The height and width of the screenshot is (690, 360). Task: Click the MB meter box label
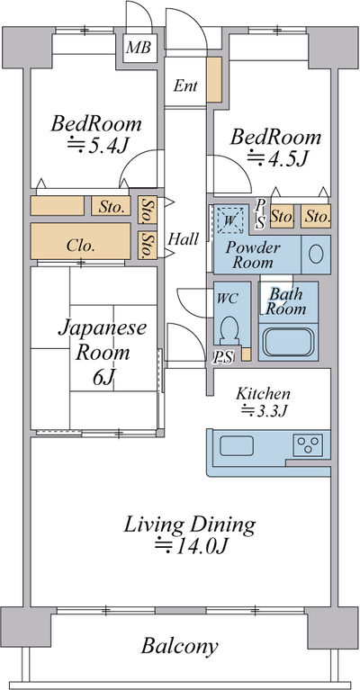(139, 47)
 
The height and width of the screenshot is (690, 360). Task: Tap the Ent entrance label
(185, 85)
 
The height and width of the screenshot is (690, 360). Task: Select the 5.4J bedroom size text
(97, 146)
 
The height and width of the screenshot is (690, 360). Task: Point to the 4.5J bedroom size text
(276, 159)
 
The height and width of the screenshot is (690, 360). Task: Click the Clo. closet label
(80, 246)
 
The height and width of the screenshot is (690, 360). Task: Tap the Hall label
(183, 239)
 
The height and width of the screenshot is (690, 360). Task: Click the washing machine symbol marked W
(229, 219)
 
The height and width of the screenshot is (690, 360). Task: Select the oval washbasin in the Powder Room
(316, 255)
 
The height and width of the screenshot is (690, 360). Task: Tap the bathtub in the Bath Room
(288, 342)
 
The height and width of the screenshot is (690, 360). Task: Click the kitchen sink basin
(237, 446)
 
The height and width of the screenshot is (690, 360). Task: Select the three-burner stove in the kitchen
(308, 445)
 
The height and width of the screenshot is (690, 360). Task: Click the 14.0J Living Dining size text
(191, 547)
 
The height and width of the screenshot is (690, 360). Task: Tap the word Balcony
(180, 647)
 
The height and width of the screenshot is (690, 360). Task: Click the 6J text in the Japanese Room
(102, 377)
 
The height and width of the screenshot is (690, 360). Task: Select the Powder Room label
(253, 255)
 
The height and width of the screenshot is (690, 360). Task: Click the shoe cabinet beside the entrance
(214, 80)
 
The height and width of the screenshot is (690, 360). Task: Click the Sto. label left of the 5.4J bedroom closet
(112, 206)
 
